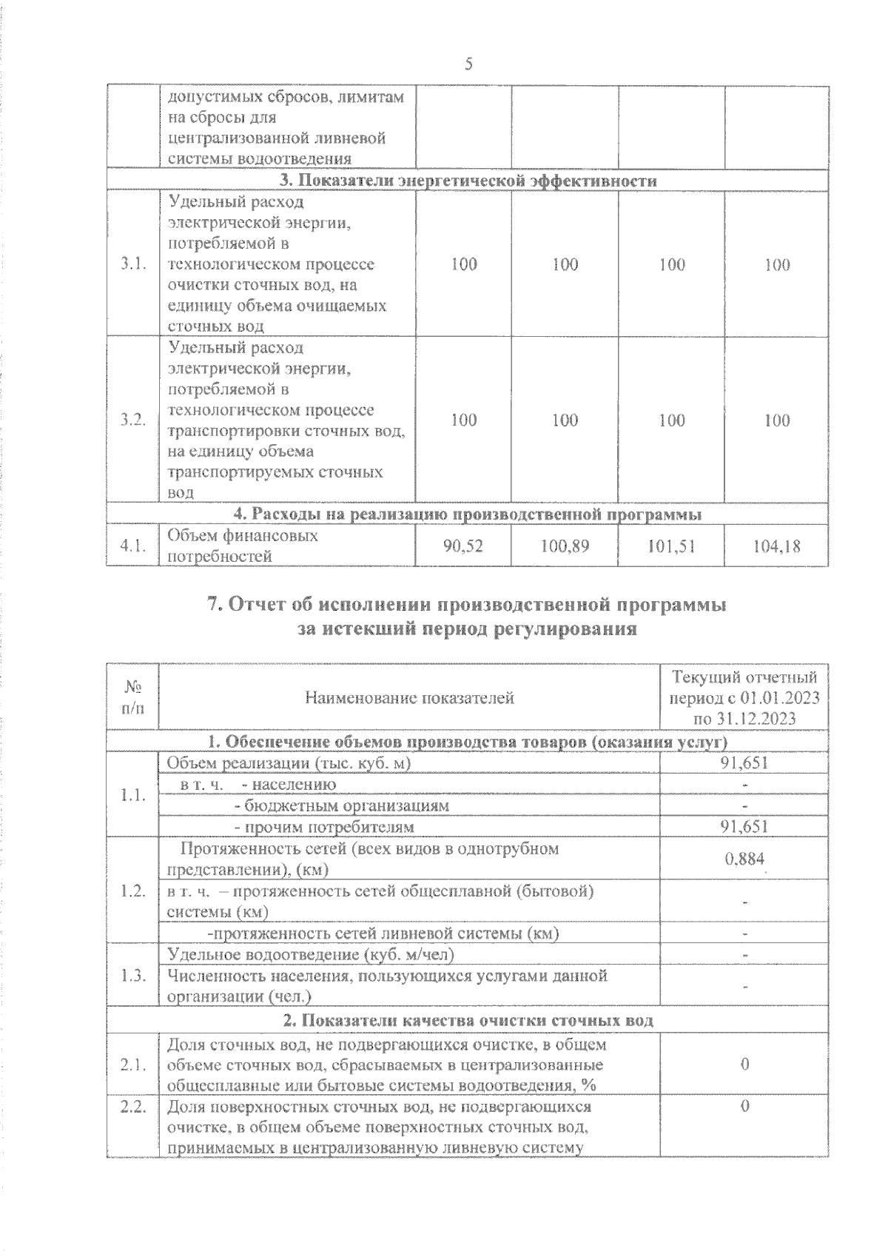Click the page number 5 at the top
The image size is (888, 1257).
tap(468, 64)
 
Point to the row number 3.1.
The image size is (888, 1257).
tap(132, 264)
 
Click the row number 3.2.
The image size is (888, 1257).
tap(132, 420)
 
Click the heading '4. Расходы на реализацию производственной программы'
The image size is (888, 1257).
tap(468, 514)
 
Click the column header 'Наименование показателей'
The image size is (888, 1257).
tap(409, 697)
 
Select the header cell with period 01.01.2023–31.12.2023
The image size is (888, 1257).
tap(744, 697)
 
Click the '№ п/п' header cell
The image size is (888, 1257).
tap(132, 697)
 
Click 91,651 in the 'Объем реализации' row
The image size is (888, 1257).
tap(744, 763)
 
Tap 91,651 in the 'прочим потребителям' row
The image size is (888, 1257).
tap(744, 826)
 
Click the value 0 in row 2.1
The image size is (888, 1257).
tap(744, 1065)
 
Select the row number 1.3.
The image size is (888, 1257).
tap(132, 976)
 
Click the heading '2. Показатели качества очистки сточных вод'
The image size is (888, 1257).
tap(468, 1021)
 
